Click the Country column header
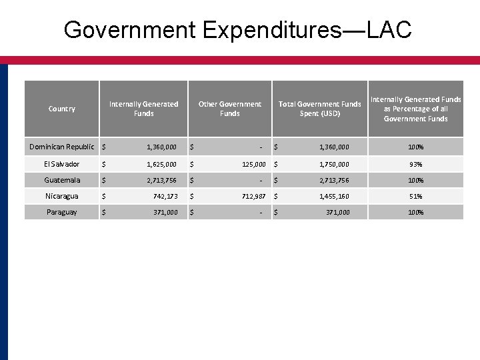pyautogui.click(x=62, y=109)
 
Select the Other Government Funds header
pyautogui.click(x=230, y=109)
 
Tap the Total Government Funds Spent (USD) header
pyautogui.click(x=319, y=109)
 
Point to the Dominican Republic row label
pyautogui.click(x=62, y=147)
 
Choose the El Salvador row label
pyautogui.click(x=62, y=164)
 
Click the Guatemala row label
pyautogui.click(x=62, y=180)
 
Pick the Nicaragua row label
pyautogui.click(x=62, y=196)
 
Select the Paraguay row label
pyautogui.click(x=62, y=212)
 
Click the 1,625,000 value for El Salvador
pyautogui.click(x=161, y=164)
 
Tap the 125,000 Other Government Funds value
pyautogui.click(x=251, y=164)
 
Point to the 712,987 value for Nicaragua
pyautogui.click(x=251, y=196)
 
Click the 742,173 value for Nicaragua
pyautogui.click(x=163, y=196)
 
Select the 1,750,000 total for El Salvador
pyautogui.click(x=333, y=164)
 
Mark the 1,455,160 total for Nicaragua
pyautogui.click(x=333, y=196)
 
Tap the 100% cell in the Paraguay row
pyautogui.click(x=416, y=212)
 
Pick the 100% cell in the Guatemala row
pyautogui.click(x=416, y=180)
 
